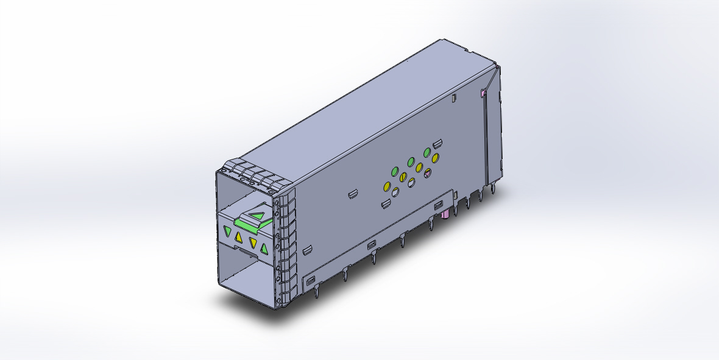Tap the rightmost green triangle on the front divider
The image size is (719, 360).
[x=264, y=249]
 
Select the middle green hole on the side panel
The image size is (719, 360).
[x=411, y=161]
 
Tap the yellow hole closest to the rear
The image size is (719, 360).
[x=435, y=158]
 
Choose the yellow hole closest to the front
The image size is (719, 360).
[x=386, y=186]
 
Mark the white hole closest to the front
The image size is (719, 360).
[x=395, y=193]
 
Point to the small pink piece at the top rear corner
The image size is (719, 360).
[x=483, y=93]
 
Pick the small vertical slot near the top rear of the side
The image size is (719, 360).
[x=454, y=97]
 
